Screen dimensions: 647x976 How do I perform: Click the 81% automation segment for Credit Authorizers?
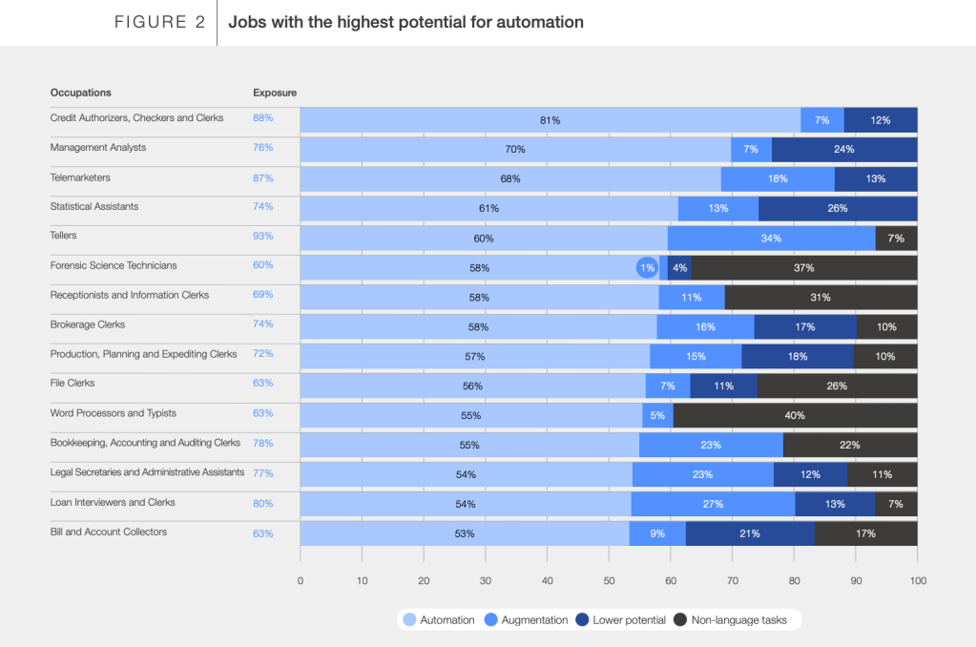point(550,120)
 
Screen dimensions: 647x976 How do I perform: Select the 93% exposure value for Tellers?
point(262,236)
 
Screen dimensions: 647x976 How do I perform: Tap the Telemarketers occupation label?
point(80,177)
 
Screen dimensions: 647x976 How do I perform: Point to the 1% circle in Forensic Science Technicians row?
point(647,268)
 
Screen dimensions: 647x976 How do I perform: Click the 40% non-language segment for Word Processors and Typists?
point(795,415)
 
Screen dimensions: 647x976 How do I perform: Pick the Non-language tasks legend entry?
point(737,620)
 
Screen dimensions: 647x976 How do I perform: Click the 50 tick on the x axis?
point(609,580)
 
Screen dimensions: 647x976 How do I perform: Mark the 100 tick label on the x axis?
point(918,580)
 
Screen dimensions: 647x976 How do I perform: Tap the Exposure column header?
point(275,93)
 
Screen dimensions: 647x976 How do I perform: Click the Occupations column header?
point(81,93)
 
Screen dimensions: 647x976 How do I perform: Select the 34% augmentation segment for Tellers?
point(771,239)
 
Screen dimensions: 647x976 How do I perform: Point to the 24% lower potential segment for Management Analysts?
point(844,150)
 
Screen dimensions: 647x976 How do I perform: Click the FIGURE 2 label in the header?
point(159,22)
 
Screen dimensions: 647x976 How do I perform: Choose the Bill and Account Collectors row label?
point(108,532)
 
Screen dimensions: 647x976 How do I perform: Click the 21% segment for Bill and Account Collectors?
point(750,533)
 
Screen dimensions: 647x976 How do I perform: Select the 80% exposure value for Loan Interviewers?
point(262,504)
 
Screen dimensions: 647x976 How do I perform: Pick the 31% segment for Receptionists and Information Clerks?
point(820,298)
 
